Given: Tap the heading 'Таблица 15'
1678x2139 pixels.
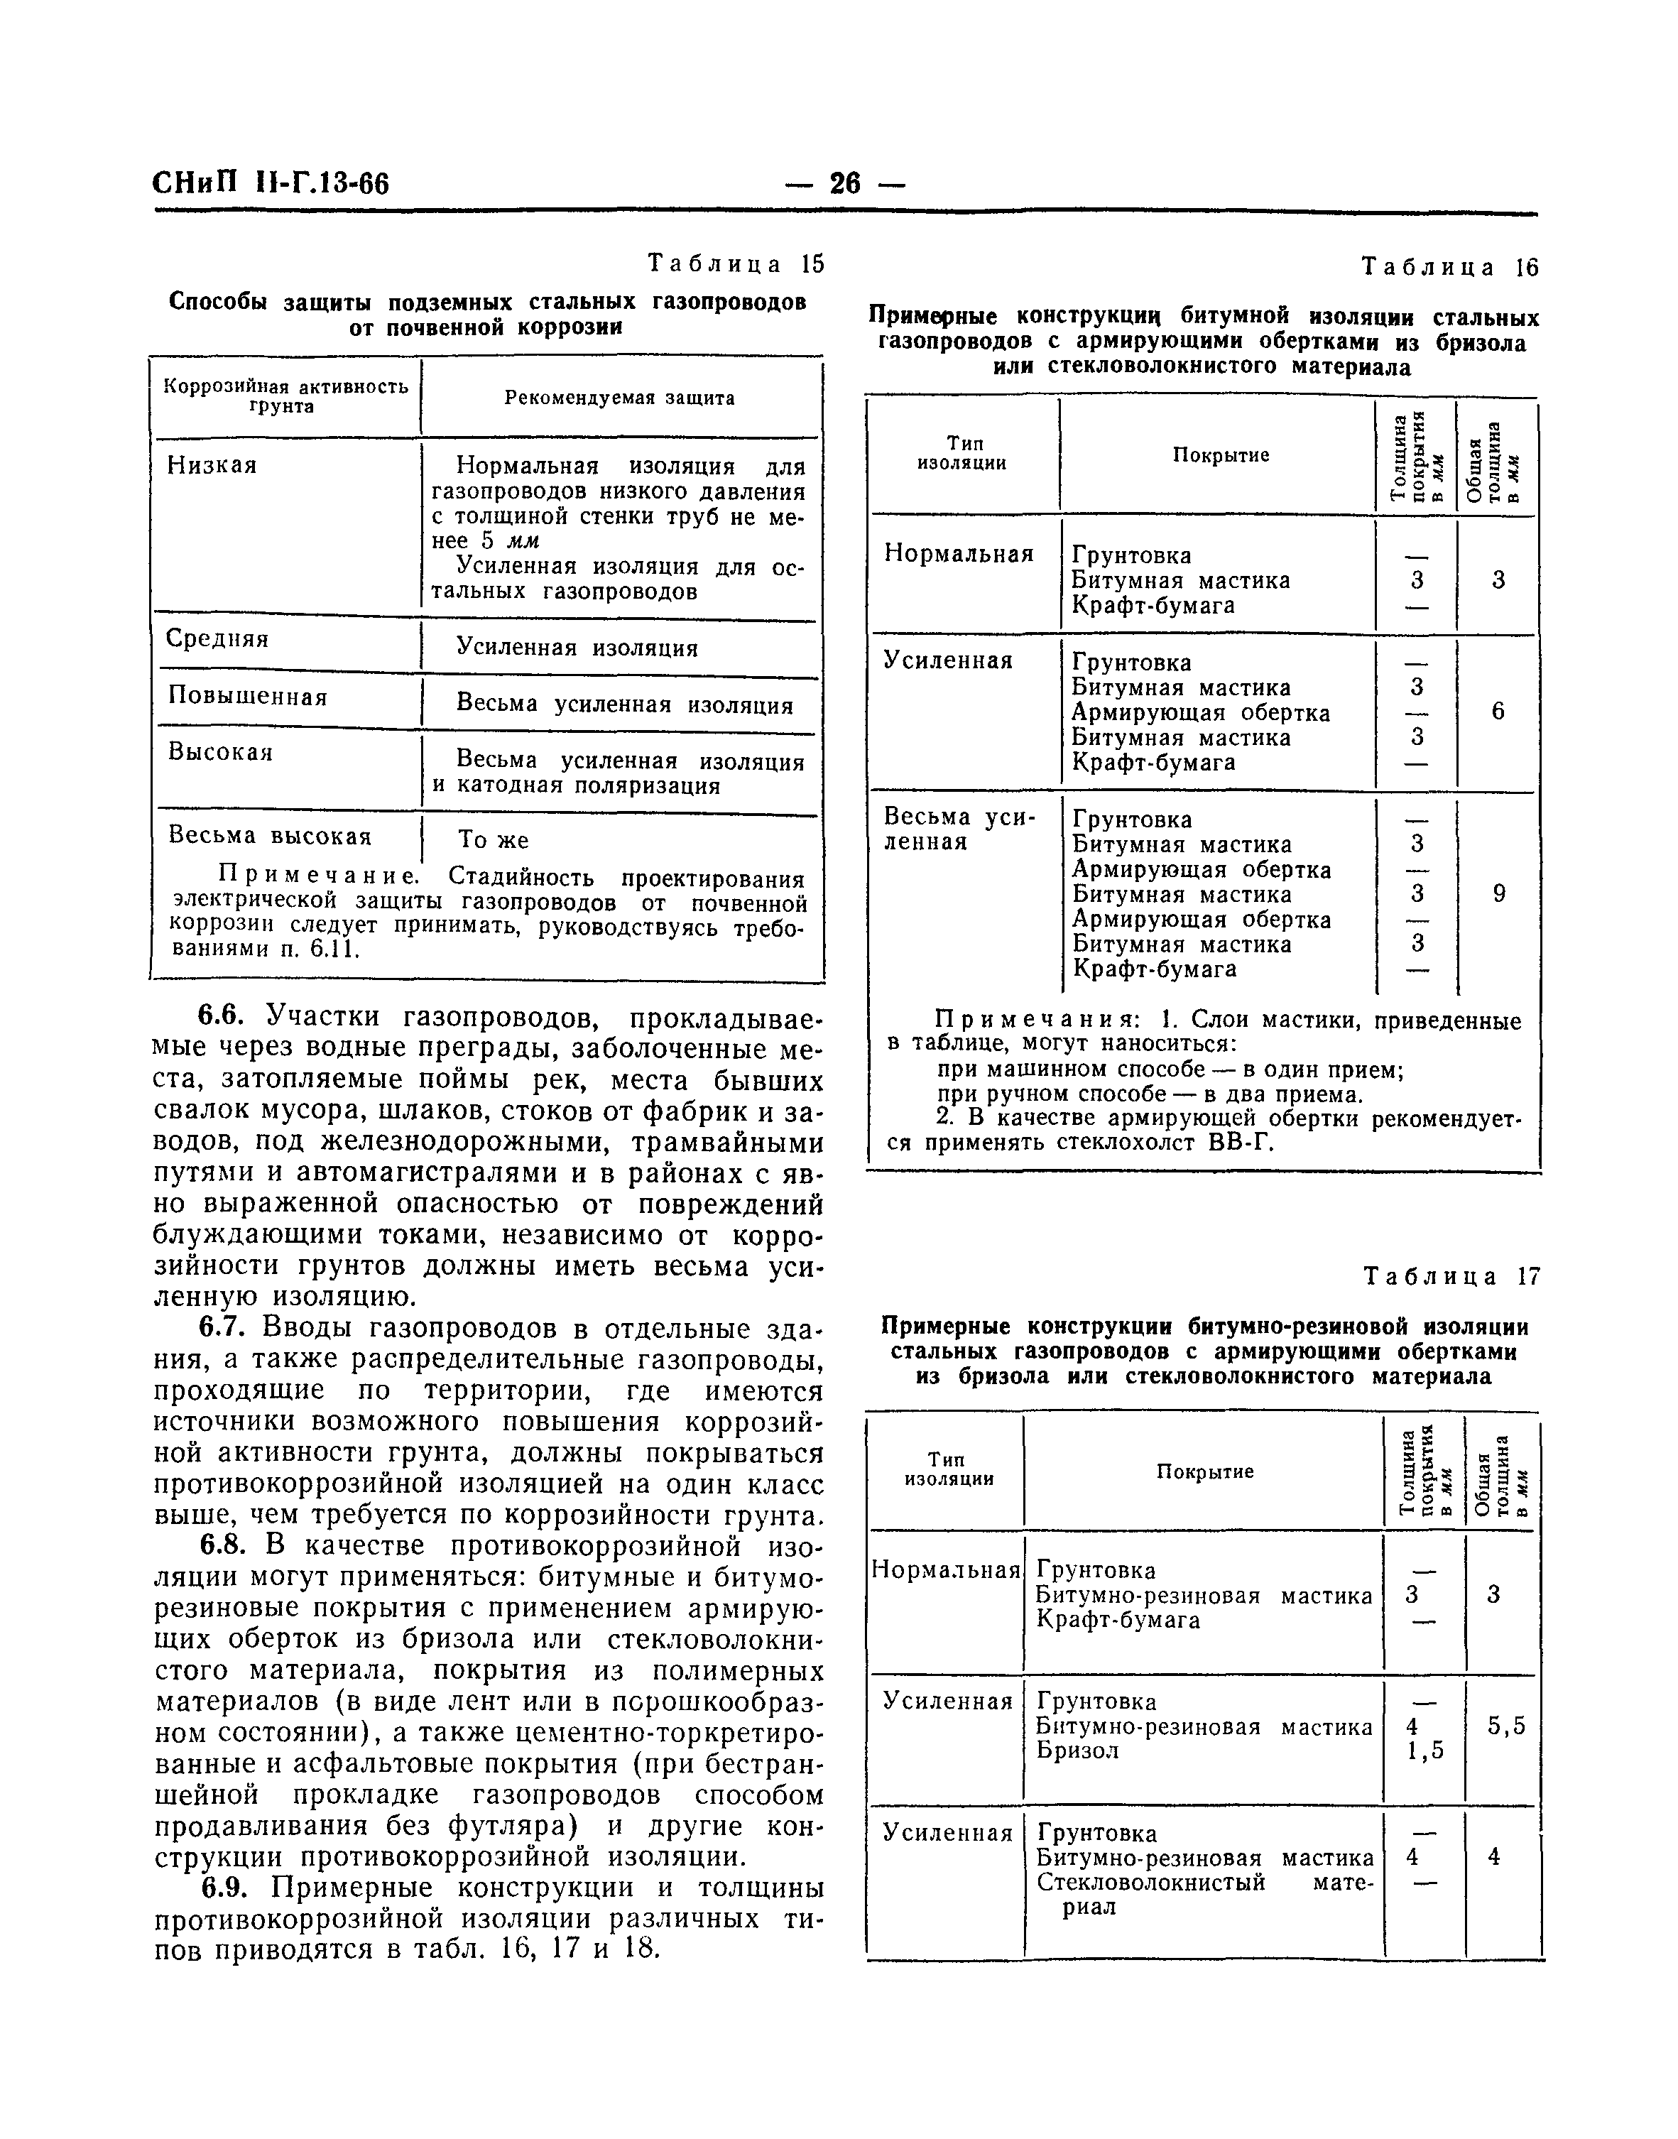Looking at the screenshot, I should [x=736, y=264].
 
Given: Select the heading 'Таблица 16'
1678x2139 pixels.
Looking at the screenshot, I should [x=1450, y=267].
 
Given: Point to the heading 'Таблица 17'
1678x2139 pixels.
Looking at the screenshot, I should [x=1452, y=1276].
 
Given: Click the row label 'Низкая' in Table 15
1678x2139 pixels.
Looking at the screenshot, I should [x=212, y=464].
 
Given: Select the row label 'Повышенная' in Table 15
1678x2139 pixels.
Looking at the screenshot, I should [x=248, y=697].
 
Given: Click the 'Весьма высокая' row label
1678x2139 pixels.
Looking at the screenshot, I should [x=270, y=835].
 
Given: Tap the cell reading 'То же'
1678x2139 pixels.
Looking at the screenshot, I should [x=494, y=840].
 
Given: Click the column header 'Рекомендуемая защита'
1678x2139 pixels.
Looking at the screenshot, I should [x=620, y=398].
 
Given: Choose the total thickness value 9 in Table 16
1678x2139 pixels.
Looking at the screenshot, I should [x=1499, y=894].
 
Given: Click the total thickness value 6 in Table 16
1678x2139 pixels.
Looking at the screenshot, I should [x=1498, y=712].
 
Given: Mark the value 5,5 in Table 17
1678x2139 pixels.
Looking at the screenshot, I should [x=1506, y=1726].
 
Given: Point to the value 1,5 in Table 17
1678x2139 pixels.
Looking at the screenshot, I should [x=1425, y=1750].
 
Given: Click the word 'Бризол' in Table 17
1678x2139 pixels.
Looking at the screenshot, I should [x=1078, y=1750].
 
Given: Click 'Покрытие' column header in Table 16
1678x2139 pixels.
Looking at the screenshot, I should [x=1221, y=455].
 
